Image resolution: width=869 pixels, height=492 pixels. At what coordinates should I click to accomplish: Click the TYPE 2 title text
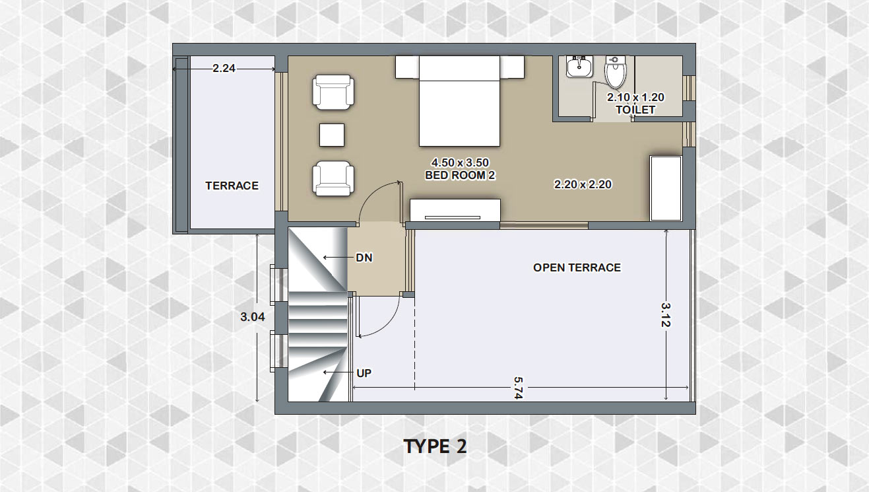(435, 446)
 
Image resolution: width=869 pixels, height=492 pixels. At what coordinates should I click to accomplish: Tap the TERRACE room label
(232, 186)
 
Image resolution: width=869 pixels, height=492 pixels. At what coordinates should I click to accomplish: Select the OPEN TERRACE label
(577, 267)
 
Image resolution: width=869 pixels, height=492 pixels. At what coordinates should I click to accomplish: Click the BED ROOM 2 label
(460, 176)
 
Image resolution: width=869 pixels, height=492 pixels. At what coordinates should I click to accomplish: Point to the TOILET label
(635, 110)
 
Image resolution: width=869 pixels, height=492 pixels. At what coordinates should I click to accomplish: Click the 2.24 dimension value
(224, 68)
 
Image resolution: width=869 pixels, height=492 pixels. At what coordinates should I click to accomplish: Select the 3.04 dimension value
(253, 317)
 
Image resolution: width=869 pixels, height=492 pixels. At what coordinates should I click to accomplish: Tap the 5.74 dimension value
(518, 388)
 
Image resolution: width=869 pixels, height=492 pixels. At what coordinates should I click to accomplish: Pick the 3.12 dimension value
(666, 314)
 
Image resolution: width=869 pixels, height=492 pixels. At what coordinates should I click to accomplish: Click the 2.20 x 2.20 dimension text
(583, 184)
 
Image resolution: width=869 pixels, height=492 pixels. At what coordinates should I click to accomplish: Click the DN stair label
(364, 258)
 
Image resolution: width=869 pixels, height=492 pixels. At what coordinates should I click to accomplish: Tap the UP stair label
(364, 373)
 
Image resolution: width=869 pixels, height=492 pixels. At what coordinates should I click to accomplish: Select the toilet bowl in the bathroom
(616, 72)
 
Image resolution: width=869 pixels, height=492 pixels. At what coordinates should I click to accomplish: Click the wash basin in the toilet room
(579, 67)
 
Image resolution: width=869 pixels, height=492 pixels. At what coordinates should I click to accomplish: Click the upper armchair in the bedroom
(333, 92)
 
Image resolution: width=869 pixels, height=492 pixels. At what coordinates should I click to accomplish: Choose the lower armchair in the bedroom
(333, 178)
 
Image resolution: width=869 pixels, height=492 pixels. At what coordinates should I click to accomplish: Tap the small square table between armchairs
(332, 135)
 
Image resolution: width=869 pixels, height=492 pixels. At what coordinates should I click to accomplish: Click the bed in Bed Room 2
(460, 101)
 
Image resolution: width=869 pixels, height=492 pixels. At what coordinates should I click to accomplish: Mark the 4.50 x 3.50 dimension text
(460, 162)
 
